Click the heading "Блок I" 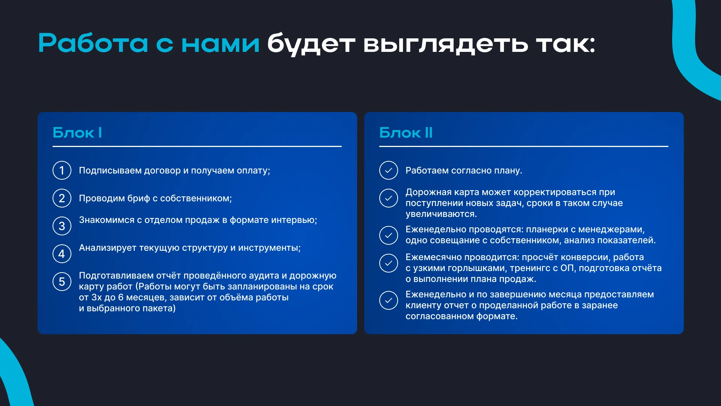click(x=77, y=133)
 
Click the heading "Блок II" click(x=406, y=133)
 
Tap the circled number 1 click(x=62, y=171)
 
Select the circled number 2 click(x=62, y=198)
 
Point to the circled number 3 click(x=62, y=226)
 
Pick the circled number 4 click(x=62, y=254)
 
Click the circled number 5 click(x=62, y=282)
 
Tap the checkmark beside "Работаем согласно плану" click(x=389, y=171)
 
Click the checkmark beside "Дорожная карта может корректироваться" click(x=389, y=198)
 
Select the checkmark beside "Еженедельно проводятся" click(x=389, y=235)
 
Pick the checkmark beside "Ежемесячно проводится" click(x=389, y=263)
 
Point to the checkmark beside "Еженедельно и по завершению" click(x=389, y=300)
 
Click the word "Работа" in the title click(x=94, y=43)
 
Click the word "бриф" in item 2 click(x=139, y=198)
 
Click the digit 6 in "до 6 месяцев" click(x=121, y=297)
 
